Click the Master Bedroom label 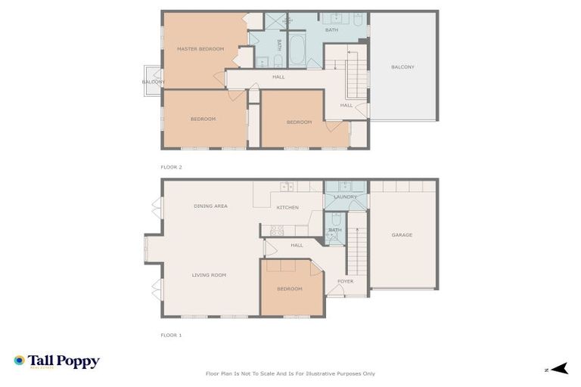coord(200,49)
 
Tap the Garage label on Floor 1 coord(402,235)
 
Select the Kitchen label coord(287,207)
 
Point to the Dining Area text coord(210,206)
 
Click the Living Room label coord(209,275)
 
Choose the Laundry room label coord(345,197)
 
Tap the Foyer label coord(345,281)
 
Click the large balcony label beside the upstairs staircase coord(402,67)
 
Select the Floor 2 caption coord(171,167)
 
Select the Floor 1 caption coord(171,335)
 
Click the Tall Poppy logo coord(57,361)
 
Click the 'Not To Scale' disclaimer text coord(290,373)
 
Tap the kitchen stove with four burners coord(277,230)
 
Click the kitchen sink coord(287,186)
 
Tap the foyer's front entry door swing coord(333,291)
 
